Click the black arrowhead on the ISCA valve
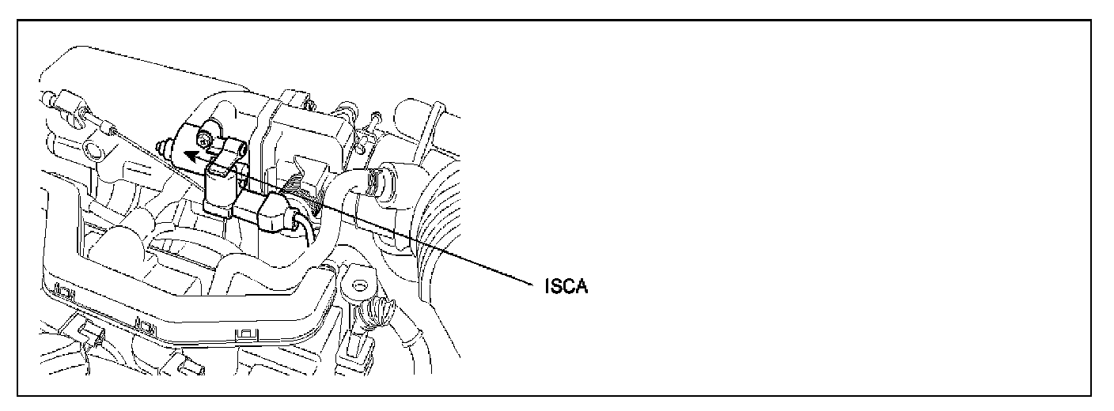pos(188,156)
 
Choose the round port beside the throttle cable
pos(92,151)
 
